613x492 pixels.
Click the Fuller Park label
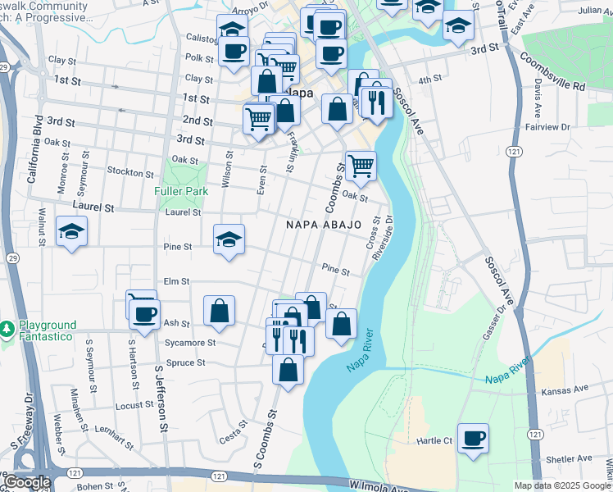point(179,192)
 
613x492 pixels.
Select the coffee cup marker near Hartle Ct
point(473,439)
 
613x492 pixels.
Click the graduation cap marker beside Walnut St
point(71,233)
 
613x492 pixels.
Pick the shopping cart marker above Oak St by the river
point(361,167)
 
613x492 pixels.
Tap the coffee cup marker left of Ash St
point(145,315)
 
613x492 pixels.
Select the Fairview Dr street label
point(547,127)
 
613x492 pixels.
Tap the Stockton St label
point(131,173)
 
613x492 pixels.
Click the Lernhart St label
point(114,435)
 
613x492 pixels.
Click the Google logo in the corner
point(26,482)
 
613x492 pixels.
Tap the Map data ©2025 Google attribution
point(562,486)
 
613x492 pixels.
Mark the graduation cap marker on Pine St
point(229,239)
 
